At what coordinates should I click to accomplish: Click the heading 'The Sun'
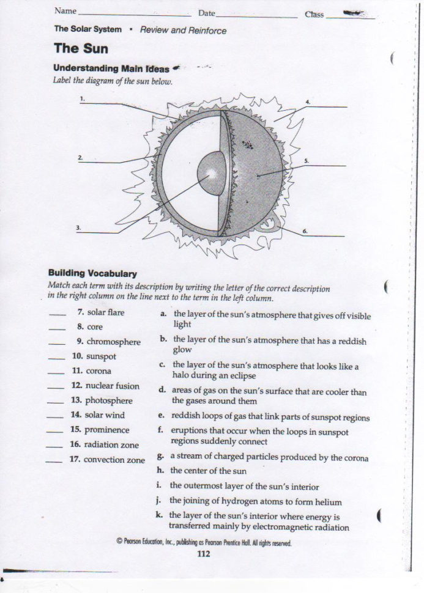pyautogui.click(x=81, y=48)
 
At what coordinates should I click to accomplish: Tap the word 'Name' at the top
pyautogui.click(x=65, y=11)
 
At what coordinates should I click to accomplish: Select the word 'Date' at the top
pyautogui.click(x=206, y=13)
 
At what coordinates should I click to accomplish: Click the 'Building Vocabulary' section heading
pyautogui.click(x=92, y=273)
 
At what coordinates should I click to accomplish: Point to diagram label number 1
pyautogui.click(x=83, y=98)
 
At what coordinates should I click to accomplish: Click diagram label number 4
pyautogui.click(x=308, y=101)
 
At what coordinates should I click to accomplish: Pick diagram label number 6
pyautogui.click(x=305, y=230)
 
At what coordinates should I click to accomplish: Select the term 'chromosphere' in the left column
pyautogui.click(x=113, y=342)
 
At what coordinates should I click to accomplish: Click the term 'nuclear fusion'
pyautogui.click(x=112, y=386)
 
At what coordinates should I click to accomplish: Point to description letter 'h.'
pyautogui.click(x=160, y=470)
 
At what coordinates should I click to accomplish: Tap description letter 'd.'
pyautogui.click(x=162, y=389)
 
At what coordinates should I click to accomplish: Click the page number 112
pyautogui.click(x=204, y=554)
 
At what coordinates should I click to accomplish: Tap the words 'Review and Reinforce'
pyautogui.click(x=183, y=30)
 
